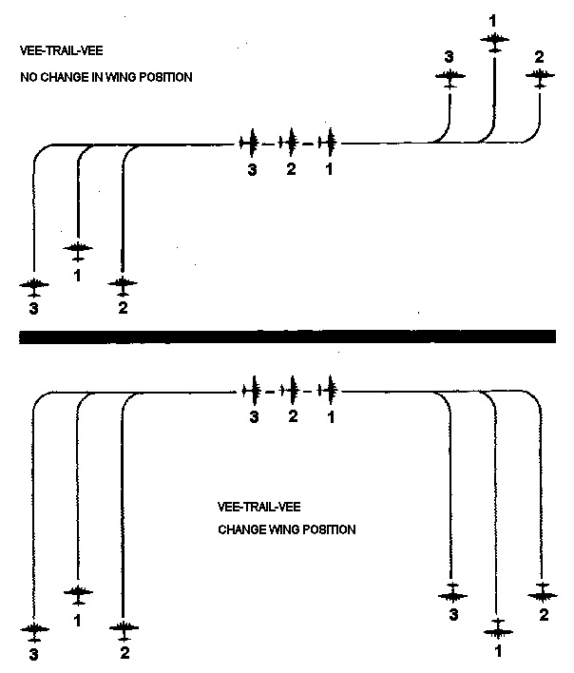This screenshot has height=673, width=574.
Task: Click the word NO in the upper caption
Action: pyautogui.click(x=28, y=77)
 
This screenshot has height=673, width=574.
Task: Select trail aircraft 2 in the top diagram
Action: pyautogui.click(x=291, y=144)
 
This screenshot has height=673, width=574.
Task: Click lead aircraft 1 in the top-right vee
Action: pyautogui.click(x=494, y=39)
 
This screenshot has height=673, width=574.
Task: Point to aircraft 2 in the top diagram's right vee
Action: pyautogui.click(x=540, y=79)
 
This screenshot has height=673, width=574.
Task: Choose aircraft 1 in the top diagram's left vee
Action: pyautogui.click(x=78, y=250)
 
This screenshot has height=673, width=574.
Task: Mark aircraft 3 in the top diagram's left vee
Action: pyautogui.click(x=34, y=285)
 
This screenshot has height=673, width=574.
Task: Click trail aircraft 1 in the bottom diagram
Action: pyautogui.click(x=330, y=390)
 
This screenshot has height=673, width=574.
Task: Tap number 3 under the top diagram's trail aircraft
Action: pyautogui.click(x=253, y=170)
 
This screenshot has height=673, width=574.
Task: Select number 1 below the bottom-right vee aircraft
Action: pyautogui.click(x=497, y=652)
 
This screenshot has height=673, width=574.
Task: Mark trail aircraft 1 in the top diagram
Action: pyautogui.click(x=328, y=144)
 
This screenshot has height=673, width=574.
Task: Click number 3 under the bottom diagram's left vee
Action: pyautogui.click(x=34, y=654)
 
